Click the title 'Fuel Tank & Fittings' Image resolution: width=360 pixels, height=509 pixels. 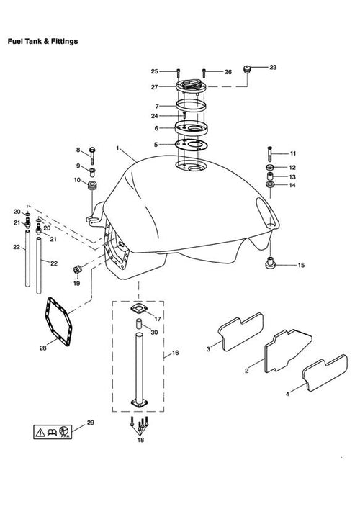[43, 42]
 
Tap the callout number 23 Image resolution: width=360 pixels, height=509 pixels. [273, 67]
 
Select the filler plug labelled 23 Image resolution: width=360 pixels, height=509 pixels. [248, 69]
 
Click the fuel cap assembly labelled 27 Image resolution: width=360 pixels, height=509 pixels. [192, 86]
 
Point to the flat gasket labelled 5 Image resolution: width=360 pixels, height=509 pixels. [192, 145]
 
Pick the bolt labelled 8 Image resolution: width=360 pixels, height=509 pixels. [92, 156]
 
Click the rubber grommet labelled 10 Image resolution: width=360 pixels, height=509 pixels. [93, 185]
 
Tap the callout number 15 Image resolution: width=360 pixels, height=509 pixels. [301, 265]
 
